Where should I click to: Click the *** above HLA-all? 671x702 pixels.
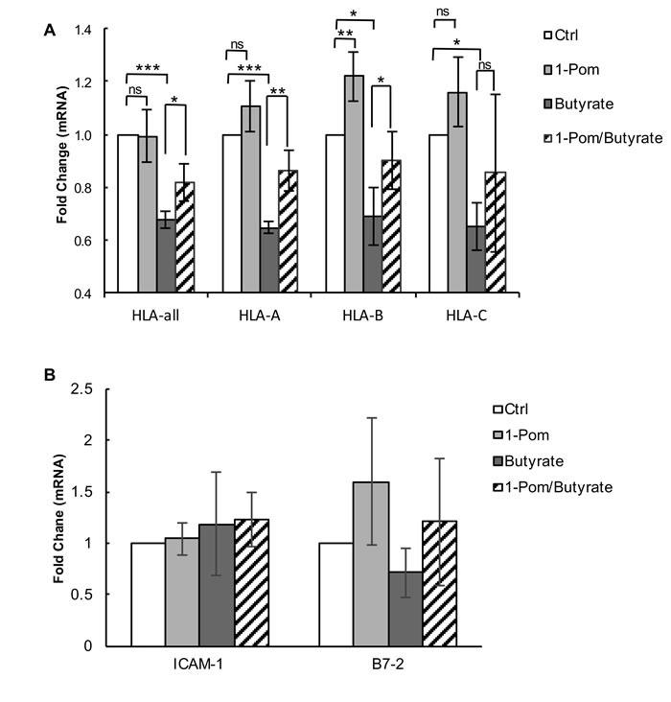click(x=147, y=69)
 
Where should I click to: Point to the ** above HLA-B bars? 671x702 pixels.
click(x=343, y=33)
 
